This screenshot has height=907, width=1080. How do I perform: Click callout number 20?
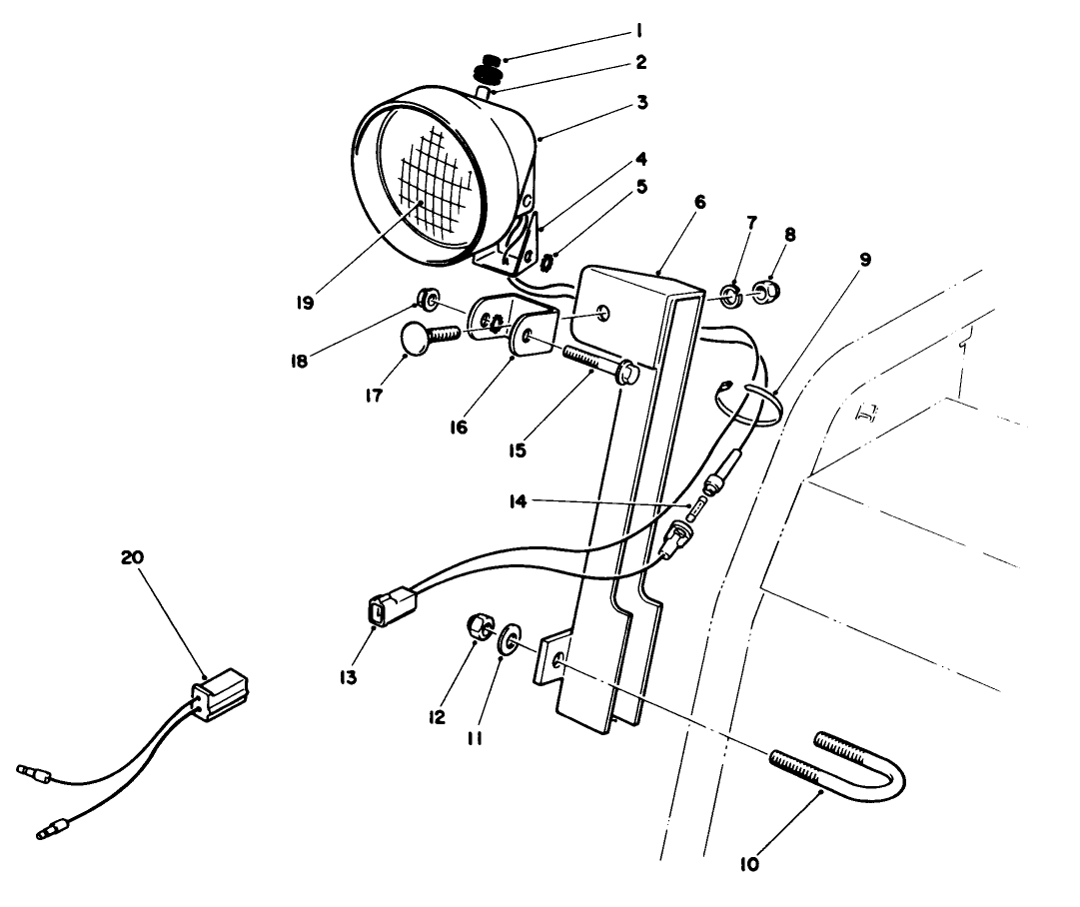tap(132, 557)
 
